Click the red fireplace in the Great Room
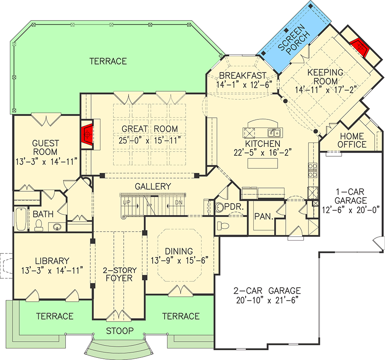(87, 134)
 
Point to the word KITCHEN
(263, 144)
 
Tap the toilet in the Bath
(38, 224)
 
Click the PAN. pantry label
(264, 217)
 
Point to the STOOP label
(120, 331)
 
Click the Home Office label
(352, 140)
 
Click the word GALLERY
(153, 187)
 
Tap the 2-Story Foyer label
(119, 274)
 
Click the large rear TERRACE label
(108, 61)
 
